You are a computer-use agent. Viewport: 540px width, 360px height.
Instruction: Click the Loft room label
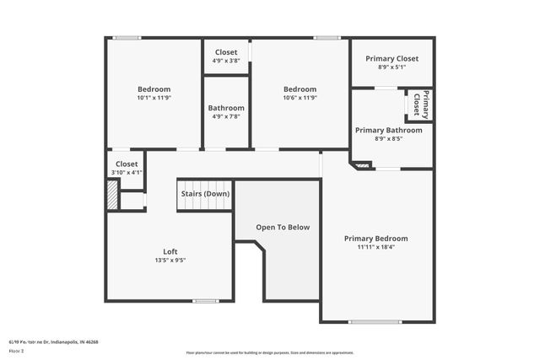click(x=170, y=251)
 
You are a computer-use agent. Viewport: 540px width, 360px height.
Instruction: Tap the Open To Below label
click(x=283, y=227)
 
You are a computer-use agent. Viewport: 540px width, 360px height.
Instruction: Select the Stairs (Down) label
click(x=205, y=194)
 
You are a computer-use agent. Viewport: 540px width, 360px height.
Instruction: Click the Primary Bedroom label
click(x=375, y=239)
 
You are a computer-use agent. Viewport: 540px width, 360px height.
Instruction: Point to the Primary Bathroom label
click(x=388, y=131)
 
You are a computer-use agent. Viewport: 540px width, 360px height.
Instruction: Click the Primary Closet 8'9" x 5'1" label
click(x=391, y=59)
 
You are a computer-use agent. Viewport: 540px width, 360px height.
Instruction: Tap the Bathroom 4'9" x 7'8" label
click(x=226, y=108)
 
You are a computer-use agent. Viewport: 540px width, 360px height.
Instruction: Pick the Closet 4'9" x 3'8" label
click(x=225, y=52)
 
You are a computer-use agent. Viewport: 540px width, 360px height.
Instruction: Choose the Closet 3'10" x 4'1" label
click(x=127, y=164)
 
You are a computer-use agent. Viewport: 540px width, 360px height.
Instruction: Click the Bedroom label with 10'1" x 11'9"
click(x=154, y=89)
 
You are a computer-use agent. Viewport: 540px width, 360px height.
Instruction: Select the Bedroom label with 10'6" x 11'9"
click(x=300, y=89)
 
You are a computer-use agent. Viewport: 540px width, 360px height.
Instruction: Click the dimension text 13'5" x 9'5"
click(x=170, y=261)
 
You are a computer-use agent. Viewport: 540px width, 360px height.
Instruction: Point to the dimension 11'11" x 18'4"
click(x=375, y=248)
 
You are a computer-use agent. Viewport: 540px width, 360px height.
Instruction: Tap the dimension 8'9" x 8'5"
click(x=388, y=140)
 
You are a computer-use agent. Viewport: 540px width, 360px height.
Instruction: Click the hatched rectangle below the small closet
click(x=112, y=194)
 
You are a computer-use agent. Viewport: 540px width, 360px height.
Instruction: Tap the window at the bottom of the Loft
click(x=205, y=301)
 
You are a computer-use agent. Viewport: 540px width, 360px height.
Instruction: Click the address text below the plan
click(x=54, y=341)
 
